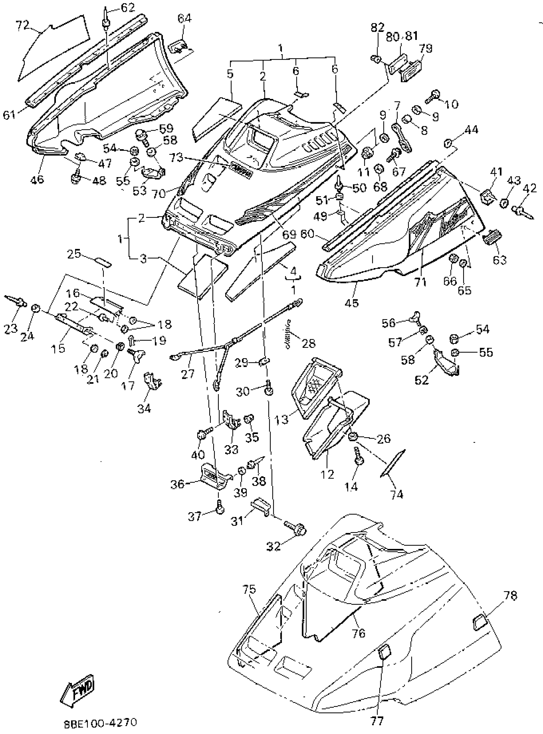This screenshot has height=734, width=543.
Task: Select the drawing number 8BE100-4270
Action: [100, 723]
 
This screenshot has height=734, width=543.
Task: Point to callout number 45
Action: [352, 303]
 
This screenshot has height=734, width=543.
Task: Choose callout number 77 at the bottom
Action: [377, 721]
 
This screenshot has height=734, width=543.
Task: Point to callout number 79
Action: [426, 48]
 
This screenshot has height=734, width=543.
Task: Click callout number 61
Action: [10, 115]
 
